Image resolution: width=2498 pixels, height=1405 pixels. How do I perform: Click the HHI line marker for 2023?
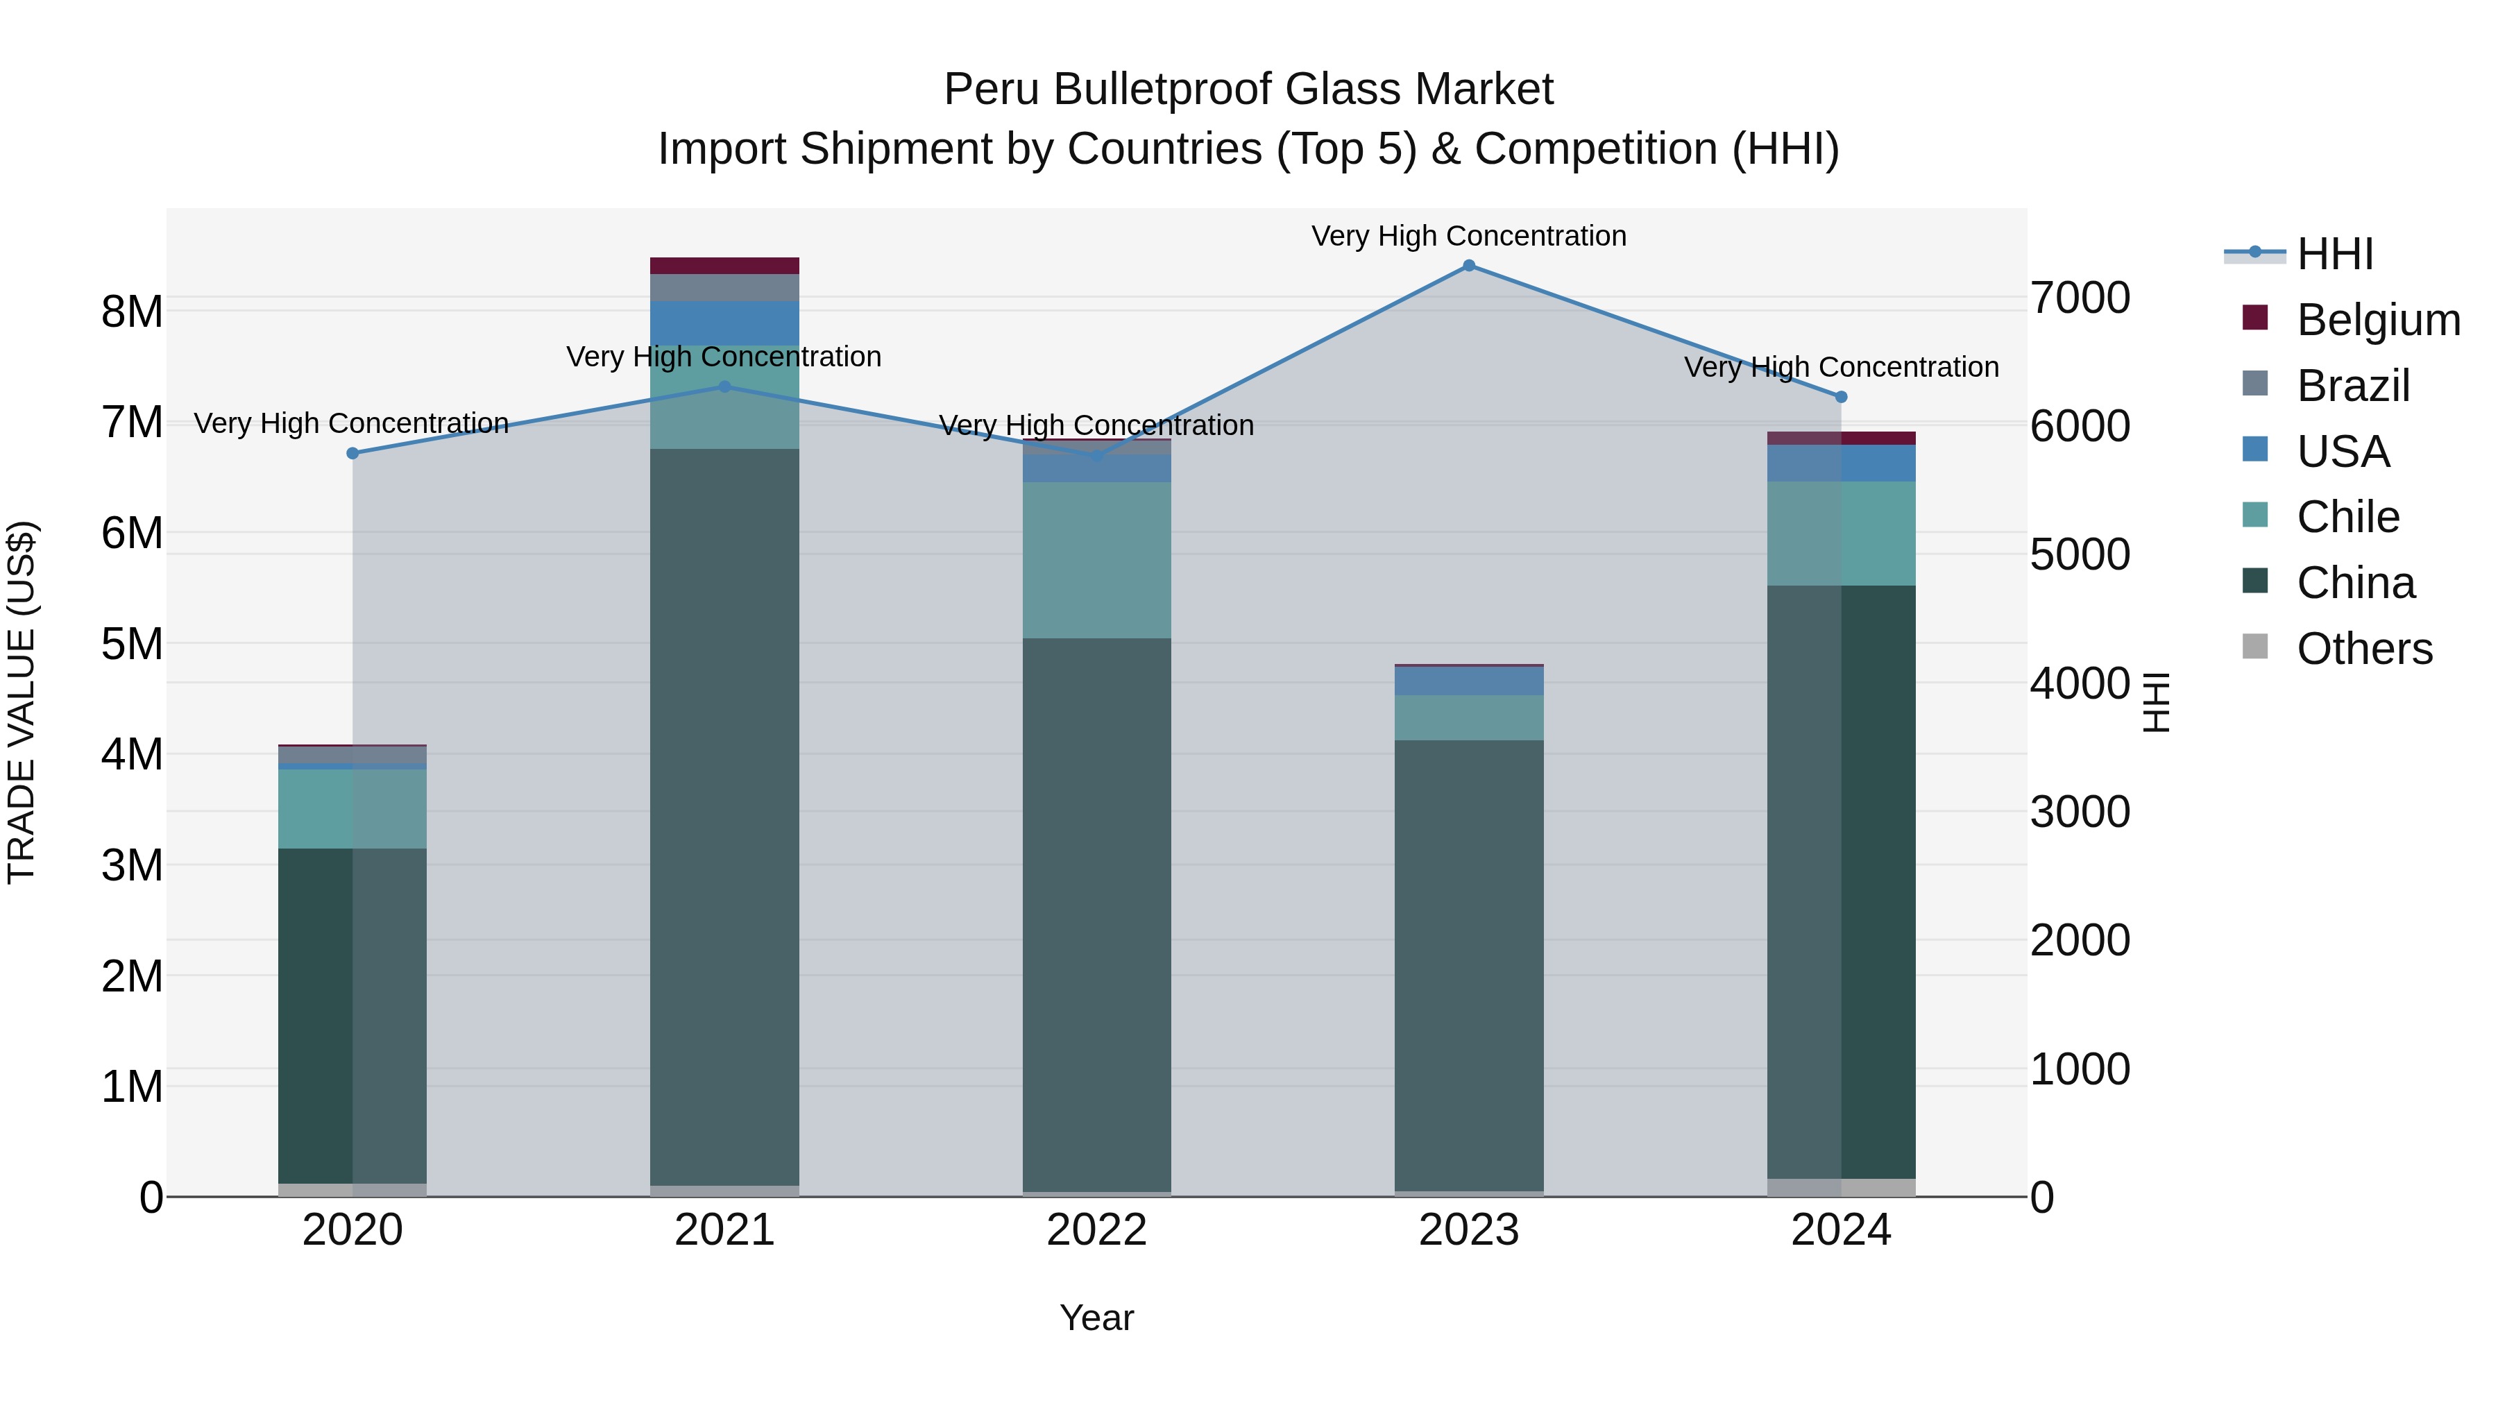coord(1468,266)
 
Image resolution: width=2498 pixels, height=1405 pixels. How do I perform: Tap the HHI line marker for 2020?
coord(353,454)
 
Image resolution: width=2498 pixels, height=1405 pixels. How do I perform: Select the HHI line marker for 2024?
coord(1842,397)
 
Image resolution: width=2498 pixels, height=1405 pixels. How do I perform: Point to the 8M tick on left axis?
coord(132,312)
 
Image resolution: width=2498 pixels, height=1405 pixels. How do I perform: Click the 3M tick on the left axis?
coord(132,865)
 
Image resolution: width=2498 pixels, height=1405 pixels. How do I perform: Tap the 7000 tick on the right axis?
coord(2080,298)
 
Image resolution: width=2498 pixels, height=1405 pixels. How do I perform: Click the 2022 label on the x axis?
coord(1097,1230)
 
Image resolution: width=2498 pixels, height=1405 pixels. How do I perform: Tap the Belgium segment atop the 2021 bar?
coord(724,266)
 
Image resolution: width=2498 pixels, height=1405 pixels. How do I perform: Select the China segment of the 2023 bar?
coord(1468,965)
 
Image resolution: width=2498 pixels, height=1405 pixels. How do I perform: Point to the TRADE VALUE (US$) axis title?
coord(22,702)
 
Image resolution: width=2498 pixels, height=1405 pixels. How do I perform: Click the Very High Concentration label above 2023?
coord(1468,236)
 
